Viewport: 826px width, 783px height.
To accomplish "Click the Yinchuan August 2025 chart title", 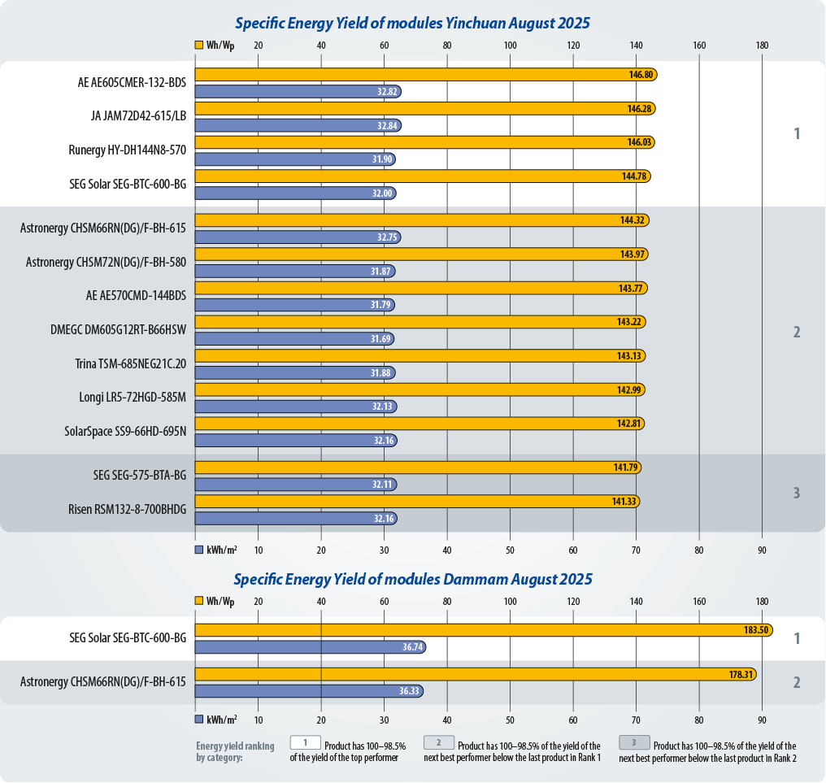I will click(412, 24).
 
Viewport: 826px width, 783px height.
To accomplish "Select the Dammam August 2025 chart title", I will click(412, 580).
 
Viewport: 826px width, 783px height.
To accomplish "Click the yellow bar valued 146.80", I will click(423, 74).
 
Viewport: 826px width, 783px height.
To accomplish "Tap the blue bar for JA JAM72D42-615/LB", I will click(297, 125).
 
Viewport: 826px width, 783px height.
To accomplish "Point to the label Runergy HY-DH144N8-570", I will click(128, 150).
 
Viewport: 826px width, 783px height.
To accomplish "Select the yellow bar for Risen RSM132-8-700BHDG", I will click(415, 501).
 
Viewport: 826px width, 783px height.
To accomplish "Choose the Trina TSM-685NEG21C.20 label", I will click(131, 363).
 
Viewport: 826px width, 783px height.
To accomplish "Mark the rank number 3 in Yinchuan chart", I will click(797, 493).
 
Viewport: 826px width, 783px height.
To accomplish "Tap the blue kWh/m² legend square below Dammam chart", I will click(199, 720).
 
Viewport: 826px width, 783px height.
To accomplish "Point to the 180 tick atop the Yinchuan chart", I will click(762, 46).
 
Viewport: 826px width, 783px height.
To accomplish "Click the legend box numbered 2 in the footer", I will click(438, 742).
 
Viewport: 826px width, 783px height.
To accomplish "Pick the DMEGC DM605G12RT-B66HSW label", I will click(119, 329).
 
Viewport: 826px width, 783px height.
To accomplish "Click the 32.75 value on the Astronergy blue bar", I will click(387, 237).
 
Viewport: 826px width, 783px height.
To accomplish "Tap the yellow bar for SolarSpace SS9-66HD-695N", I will click(419, 424).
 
